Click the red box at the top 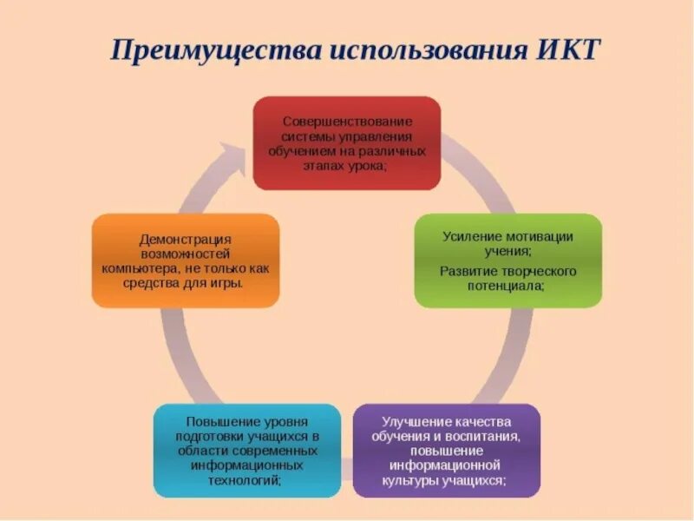[346, 143]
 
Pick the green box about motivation [507, 260]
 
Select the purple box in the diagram [446, 450]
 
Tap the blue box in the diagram [247, 450]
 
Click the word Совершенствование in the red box [347, 122]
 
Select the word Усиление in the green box [468, 236]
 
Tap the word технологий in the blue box [246, 479]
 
